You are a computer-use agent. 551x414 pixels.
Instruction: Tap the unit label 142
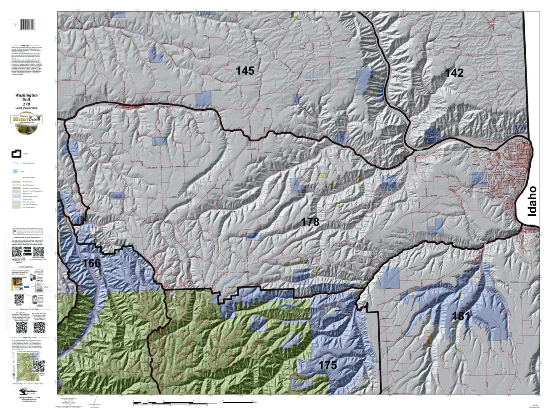pyautogui.click(x=454, y=73)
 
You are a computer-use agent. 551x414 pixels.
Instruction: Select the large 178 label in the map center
pyautogui.click(x=310, y=222)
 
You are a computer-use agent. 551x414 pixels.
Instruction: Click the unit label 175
pyautogui.click(x=327, y=365)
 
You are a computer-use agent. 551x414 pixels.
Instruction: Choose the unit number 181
pyautogui.click(x=461, y=316)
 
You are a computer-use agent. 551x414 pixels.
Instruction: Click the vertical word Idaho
pyautogui.click(x=533, y=201)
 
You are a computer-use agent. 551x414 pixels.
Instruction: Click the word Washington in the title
pyautogui.click(x=26, y=96)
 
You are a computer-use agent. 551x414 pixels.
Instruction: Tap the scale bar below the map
pyautogui.click(x=194, y=400)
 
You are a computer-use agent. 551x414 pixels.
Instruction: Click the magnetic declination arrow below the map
pyautogui.click(x=95, y=401)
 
